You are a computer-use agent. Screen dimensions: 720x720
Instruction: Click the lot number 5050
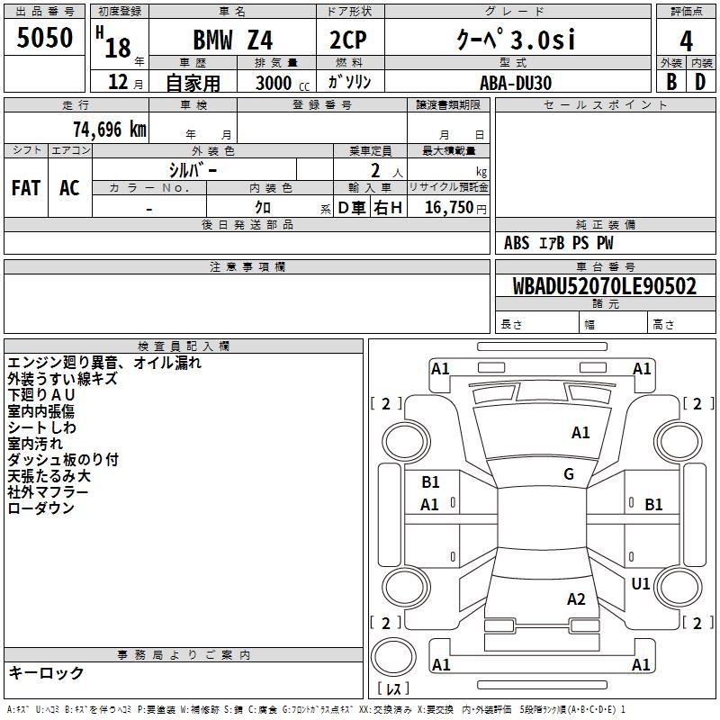coord(44,37)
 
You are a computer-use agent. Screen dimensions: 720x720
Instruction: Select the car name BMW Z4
coord(233,40)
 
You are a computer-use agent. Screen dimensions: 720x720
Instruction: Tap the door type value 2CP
coord(348,40)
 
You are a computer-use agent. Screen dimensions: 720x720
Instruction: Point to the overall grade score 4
coord(686,40)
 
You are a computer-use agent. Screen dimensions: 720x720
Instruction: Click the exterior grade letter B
coord(671,82)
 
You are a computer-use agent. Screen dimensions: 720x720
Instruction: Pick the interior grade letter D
coord(700,82)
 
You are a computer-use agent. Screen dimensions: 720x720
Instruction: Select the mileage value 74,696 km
coord(110,130)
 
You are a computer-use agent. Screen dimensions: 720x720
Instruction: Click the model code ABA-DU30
coord(516,83)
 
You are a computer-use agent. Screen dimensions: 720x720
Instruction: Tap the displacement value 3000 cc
coord(283,83)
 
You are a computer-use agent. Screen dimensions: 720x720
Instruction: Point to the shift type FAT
coord(26,188)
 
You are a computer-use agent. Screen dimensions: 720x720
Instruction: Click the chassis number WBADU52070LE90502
coord(604,286)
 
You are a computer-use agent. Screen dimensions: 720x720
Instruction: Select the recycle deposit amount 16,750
coord(449,208)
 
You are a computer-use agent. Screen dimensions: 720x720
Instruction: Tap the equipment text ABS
coord(517,243)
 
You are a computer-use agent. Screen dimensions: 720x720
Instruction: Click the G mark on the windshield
coord(569,473)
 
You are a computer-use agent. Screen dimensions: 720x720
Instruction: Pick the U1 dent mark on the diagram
coord(641,583)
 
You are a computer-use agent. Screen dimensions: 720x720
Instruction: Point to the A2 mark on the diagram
coord(576,598)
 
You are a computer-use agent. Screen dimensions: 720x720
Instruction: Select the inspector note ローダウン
coord(40,508)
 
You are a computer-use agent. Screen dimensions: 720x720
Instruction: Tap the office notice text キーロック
coord(46,672)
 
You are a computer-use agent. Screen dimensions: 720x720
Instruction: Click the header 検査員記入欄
coord(184,346)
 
